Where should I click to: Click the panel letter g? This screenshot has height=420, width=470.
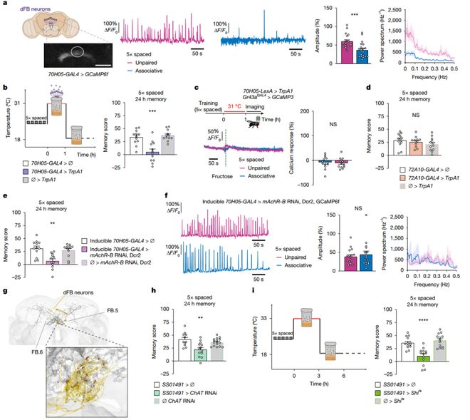[5, 292]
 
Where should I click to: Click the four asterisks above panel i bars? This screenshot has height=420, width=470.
[423, 312]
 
